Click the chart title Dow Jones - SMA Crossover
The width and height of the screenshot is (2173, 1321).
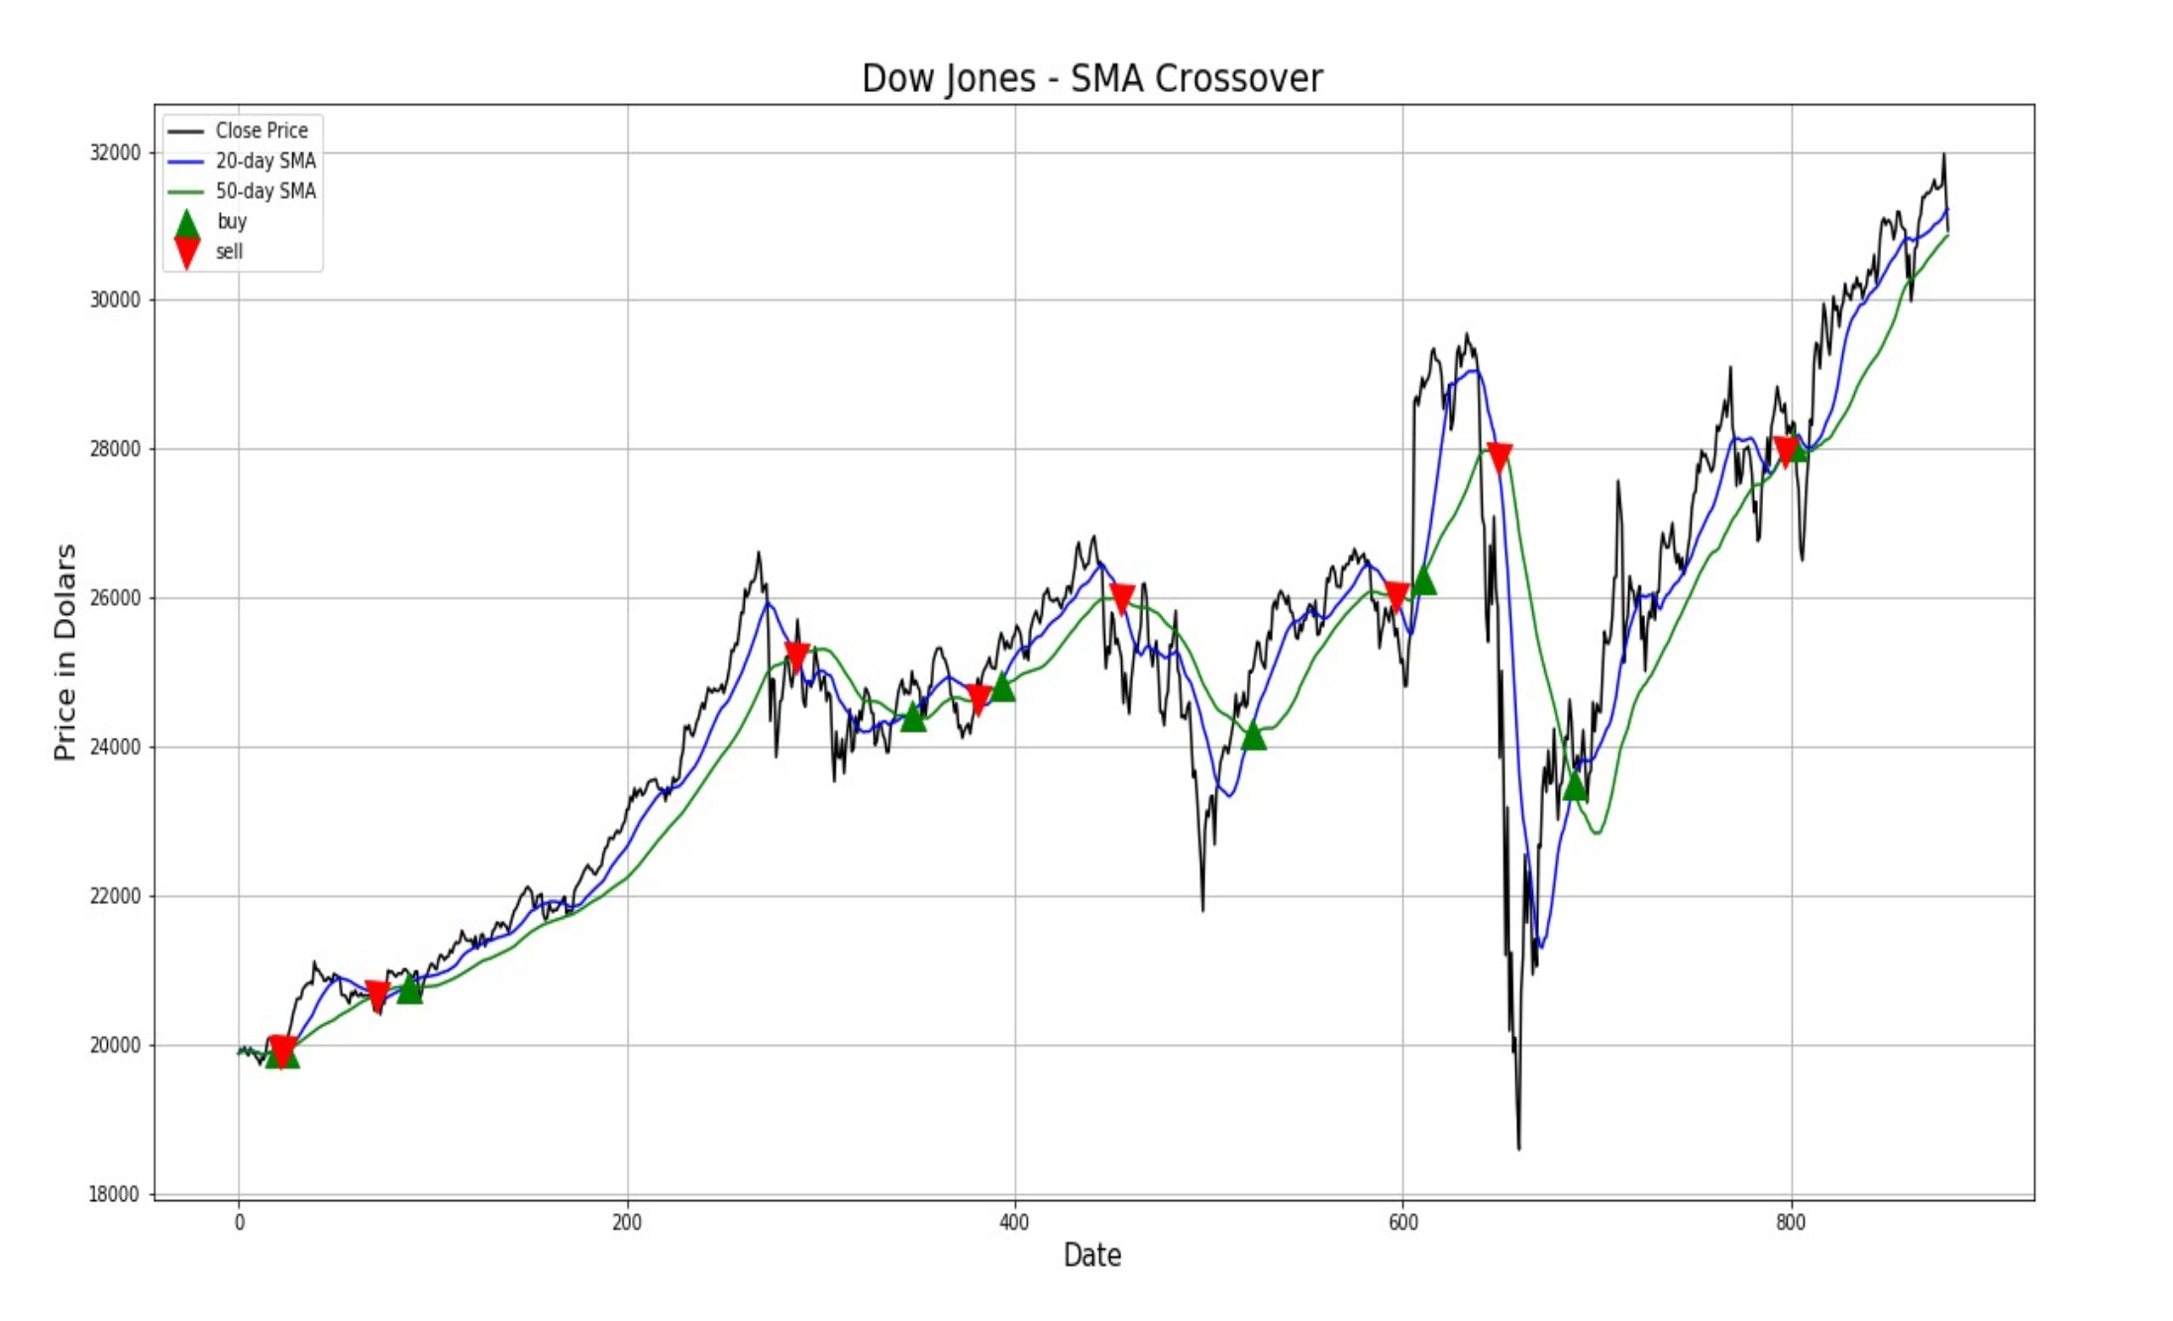(1091, 79)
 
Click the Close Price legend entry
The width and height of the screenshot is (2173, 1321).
(261, 131)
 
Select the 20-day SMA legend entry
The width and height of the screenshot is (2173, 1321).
(265, 161)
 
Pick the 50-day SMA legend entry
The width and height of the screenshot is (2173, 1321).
(265, 191)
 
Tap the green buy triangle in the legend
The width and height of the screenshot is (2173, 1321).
(186, 224)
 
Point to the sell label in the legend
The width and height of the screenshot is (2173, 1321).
(230, 252)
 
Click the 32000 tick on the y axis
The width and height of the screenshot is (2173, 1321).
(115, 152)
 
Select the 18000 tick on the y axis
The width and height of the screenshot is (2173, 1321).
(115, 1194)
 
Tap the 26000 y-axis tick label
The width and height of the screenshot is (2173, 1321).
(115, 598)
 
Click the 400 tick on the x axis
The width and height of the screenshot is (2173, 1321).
(1014, 1223)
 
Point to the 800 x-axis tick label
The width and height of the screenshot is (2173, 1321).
(1791, 1223)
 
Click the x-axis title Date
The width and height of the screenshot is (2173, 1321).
(1091, 1256)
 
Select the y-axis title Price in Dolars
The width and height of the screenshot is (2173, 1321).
(65, 652)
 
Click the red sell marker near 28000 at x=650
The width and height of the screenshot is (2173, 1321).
(1500, 457)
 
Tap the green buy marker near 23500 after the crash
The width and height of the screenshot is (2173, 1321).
(1575, 786)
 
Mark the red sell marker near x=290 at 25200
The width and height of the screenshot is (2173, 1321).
(797, 656)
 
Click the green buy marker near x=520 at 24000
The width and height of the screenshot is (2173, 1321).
(1254, 736)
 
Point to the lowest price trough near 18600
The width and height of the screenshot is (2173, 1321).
(1519, 1148)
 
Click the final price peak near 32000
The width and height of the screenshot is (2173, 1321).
(1944, 154)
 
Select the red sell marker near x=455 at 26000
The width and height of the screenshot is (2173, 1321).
(1122, 598)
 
